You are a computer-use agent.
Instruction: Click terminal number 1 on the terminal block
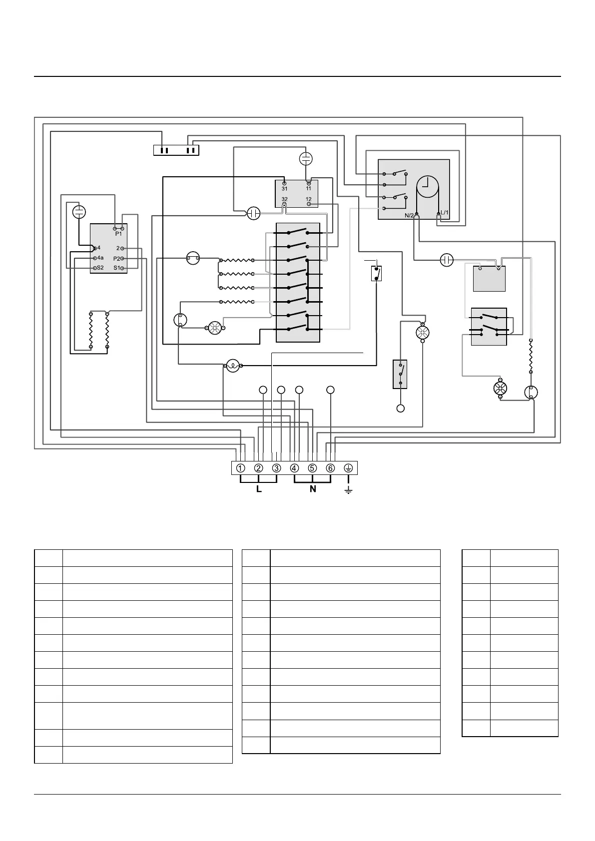241,468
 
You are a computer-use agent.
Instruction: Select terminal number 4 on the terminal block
295,468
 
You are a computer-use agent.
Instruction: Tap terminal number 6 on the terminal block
330,468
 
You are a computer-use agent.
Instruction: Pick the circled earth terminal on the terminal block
348,468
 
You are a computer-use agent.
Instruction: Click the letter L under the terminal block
259,489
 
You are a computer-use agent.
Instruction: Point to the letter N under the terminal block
313,489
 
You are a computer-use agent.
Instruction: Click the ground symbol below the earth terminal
348,491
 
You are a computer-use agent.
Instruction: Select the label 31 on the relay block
284,189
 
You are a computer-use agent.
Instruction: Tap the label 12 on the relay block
308,199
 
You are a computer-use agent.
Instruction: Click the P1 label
118,234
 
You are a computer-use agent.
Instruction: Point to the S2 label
100,268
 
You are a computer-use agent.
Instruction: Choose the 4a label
100,258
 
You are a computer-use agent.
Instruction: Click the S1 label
116,268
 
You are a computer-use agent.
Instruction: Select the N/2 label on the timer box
409,216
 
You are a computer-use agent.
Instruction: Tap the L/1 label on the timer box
445,213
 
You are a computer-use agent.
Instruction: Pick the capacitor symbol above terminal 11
306,159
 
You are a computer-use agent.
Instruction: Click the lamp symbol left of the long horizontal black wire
232,367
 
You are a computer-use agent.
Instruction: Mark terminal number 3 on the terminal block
277,468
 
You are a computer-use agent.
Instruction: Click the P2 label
116,259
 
